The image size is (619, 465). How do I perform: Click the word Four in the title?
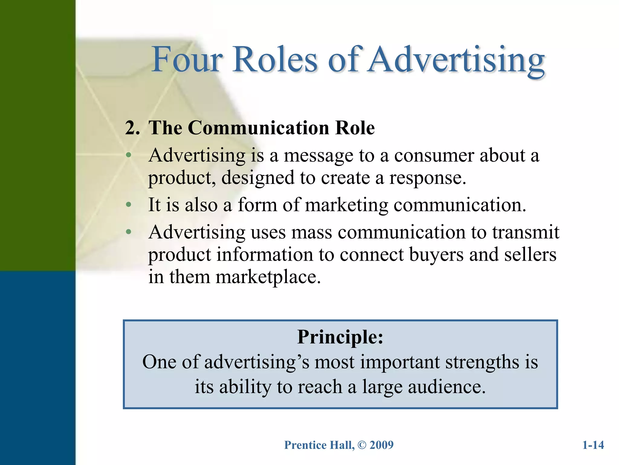click(187, 60)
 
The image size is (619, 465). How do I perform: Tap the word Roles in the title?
click(275, 60)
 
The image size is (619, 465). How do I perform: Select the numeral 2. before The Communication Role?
click(132, 128)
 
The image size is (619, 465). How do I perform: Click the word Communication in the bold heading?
click(258, 128)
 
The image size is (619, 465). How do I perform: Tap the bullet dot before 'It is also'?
click(129, 205)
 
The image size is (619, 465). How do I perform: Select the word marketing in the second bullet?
click(346, 205)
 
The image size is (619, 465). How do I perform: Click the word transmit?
click(526, 232)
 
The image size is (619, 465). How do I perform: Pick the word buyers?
click(436, 255)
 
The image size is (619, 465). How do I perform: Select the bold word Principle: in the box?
click(340, 337)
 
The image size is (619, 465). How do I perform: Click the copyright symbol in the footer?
click(362, 445)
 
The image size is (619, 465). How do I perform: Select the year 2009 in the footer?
click(381, 445)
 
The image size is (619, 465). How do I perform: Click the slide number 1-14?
click(593, 445)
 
